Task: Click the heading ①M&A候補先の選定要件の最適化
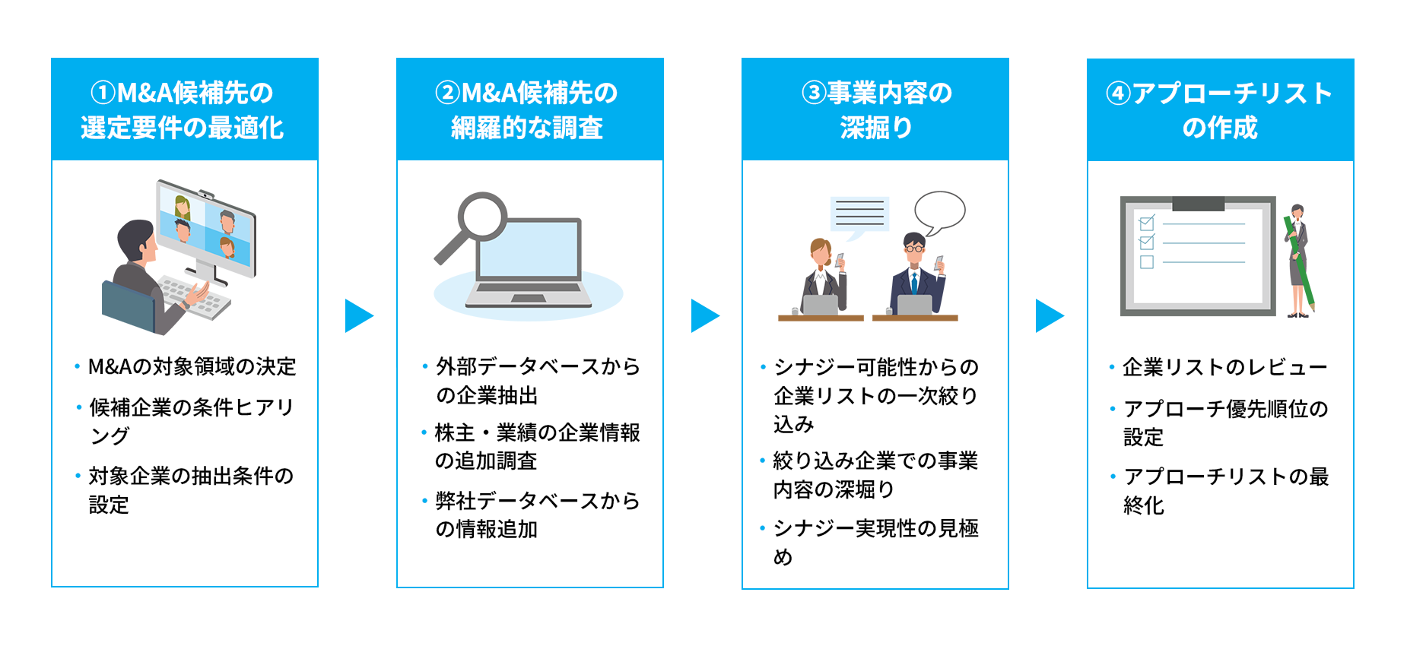(x=183, y=110)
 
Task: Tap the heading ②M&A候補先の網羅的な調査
(x=529, y=110)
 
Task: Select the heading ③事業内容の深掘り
(x=875, y=110)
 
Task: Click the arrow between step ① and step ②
(x=358, y=315)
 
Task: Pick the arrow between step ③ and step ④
(x=1049, y=315)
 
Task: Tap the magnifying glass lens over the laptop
(x=482, y=216)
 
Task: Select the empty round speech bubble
(x=940, y=211)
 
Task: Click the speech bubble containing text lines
(x=859, y=214)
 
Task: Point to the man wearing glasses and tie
(x=916, y=274)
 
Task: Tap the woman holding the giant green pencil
(x=1297, y=258)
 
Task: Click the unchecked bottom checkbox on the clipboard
(x=1147, y=262)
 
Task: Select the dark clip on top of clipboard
(x=1198, y=204)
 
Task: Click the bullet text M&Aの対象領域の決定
(x=192, y=367)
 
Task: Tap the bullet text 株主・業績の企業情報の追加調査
(x=536, y=447)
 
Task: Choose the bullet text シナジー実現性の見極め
(x=875, y=542)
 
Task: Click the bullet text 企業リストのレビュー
(x=1224, y=368)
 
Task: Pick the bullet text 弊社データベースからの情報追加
(x=536, y=515)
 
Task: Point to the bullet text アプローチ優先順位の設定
(x=1224, y=423)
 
